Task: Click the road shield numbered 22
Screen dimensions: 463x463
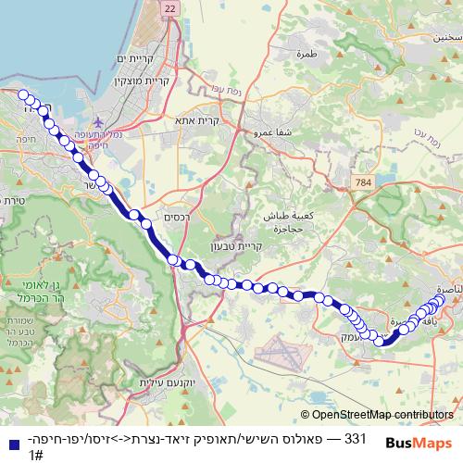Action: [x=168, y=7]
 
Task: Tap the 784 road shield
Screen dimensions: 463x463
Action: [x=362, y=183]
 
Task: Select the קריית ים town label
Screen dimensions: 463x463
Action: [x=131, y=59]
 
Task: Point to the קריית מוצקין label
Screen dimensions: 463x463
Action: [x=137, y=81]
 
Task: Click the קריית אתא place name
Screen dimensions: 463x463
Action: [x=223, y=119]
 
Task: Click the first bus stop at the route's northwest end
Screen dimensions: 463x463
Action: [x=23, y=94]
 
